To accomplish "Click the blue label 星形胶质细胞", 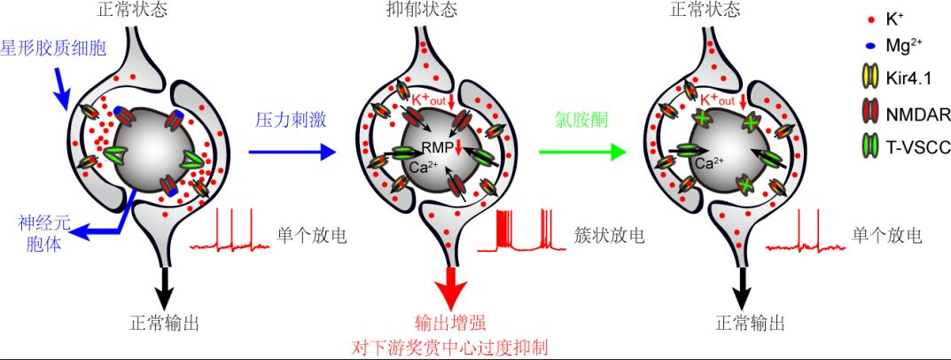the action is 55,49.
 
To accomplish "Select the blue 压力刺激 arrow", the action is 292,152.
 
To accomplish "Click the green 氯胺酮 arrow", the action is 583,152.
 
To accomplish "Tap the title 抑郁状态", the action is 423,10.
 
